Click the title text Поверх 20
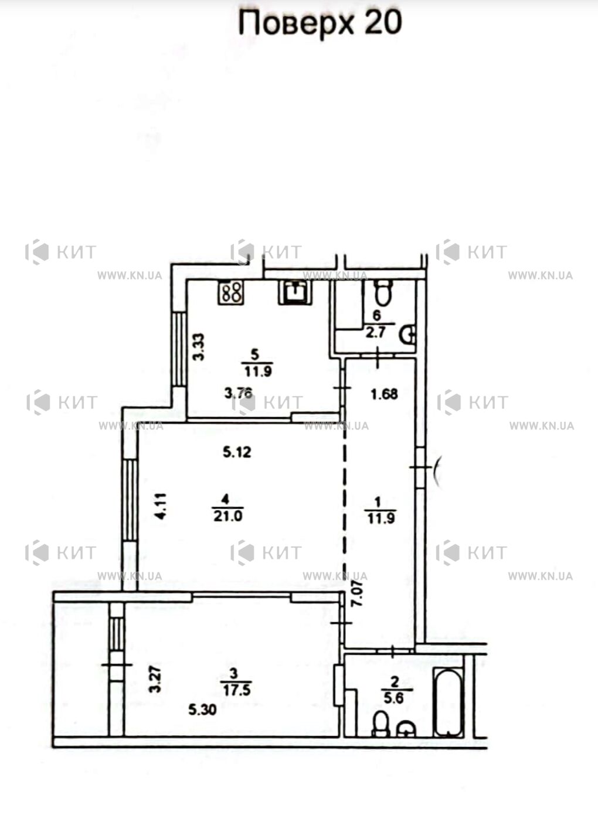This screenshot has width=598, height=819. point(320,23)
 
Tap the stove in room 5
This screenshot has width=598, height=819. point(231,293)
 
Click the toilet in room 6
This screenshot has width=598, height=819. point(384,293)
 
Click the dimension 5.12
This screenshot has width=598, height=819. point(237,453)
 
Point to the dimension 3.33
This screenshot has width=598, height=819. point(199,347)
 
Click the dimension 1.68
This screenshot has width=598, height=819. point(384,394)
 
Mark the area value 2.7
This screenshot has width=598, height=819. point(377,332)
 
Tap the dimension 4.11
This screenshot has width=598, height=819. point(161,506)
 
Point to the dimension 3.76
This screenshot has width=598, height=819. point(238,394)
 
